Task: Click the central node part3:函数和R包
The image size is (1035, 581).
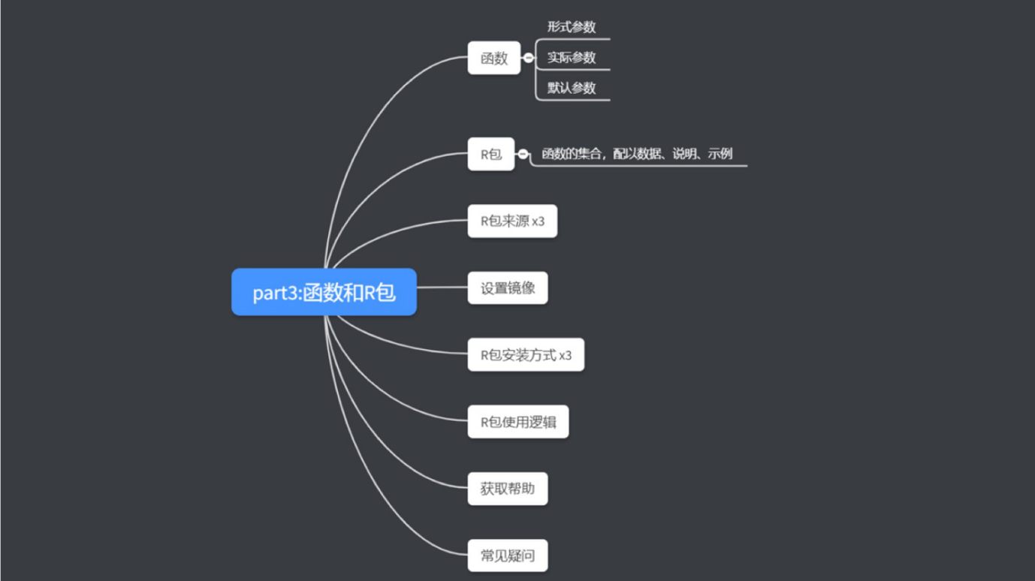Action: click(x=324, y=292)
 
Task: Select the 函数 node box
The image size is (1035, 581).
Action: click(x=493, y=58)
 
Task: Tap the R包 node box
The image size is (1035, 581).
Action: click(x=490, y=155)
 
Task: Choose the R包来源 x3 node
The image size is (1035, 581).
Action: click(x=512, y=221)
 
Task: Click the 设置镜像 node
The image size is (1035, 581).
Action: click(x=508, y=288)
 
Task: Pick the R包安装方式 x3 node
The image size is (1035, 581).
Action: click(x=526, y=355)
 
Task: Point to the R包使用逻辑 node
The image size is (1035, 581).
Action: click(x=518, y=422)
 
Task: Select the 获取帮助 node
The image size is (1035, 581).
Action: click(x=508, y=489)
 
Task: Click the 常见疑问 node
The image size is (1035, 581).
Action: click(x=508, y=556)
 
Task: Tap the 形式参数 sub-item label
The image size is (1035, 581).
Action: click(x=572, y=27)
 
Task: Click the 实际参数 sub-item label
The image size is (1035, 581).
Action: click(x=572, y=58)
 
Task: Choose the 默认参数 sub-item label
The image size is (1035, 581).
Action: click(x=572, y=88)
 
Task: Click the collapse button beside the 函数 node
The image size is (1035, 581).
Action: click(x=529, y=57)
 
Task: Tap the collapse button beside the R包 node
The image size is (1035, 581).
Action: click(x=524, y=154)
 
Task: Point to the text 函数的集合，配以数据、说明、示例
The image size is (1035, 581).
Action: click(x=637, y=154)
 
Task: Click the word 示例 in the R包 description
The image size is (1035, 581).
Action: click(x=720, y=154)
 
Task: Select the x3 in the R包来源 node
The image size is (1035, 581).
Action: click(x=539, y=221)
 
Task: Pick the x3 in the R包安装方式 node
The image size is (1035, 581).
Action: click(x=565, y=355)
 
